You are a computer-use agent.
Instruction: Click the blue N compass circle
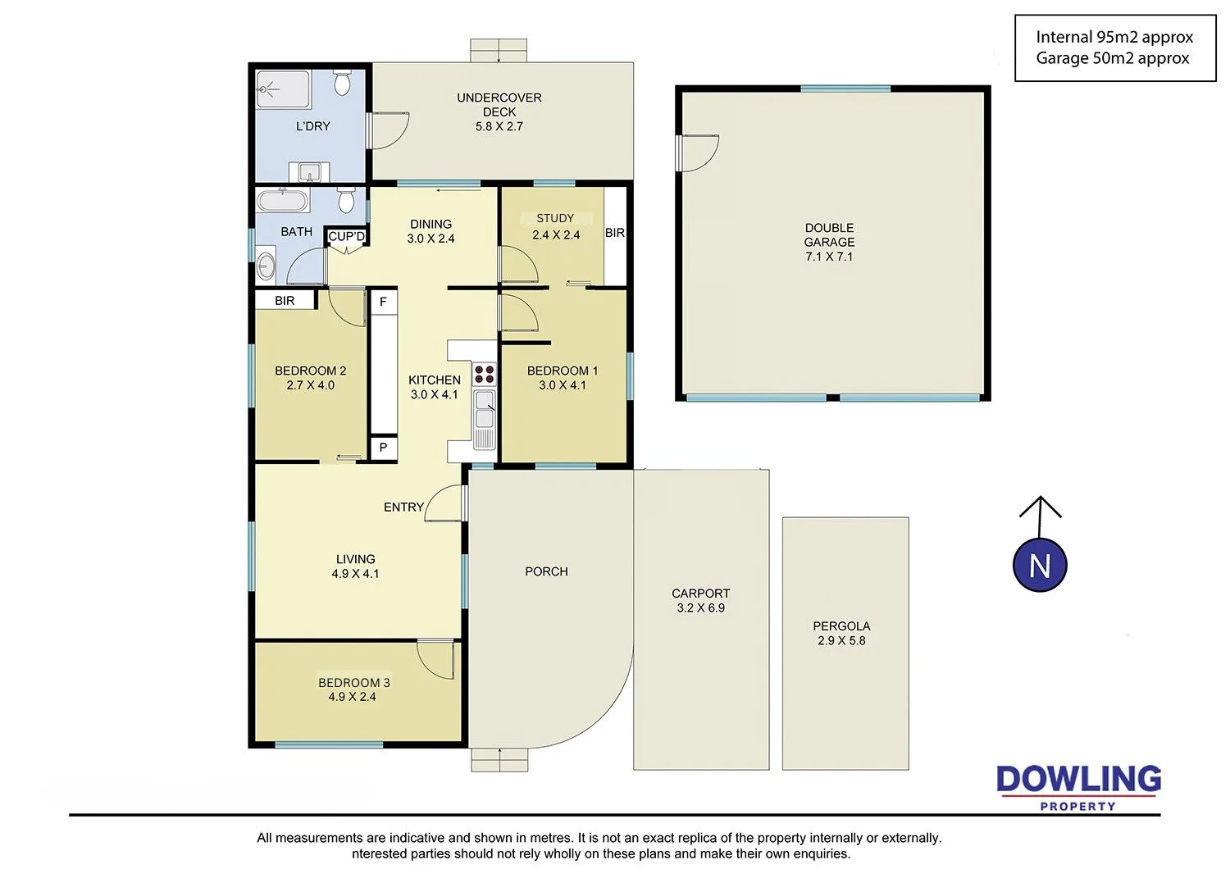[x=1040, y=565]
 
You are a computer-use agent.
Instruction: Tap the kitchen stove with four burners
[x=485, y=374]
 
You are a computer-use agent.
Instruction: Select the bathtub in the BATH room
[x=283, y=201]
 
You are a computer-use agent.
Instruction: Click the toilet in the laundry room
[x=342, y=82]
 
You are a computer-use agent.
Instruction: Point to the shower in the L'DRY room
[x=284, y=89]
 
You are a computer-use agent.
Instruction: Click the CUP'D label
[x=347, y=237]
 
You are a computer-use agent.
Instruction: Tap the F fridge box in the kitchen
[x=383, y=302]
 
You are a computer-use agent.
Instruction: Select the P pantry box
[x=383, y=448]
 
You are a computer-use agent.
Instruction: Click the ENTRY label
[x=403, y=507]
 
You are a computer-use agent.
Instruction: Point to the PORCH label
[x=546, y=571]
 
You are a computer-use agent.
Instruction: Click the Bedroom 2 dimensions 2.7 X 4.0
[x=310, y=385]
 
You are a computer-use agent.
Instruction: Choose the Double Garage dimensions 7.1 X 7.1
[x=829, y=257]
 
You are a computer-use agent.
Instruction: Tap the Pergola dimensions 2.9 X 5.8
[x=841, y=640]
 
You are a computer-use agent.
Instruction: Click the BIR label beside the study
[x=614, y=233]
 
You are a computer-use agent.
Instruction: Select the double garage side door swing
[x=697, y=152]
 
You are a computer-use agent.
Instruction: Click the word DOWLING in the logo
[x=1078, y=780]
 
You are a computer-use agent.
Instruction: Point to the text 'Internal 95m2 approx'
[x=1114, y=38]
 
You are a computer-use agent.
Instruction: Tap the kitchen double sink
[x=485, y=409]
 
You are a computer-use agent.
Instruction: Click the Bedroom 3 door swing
[x=435, y=659]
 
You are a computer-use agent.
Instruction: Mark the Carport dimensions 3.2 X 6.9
[x=700, y=608]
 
